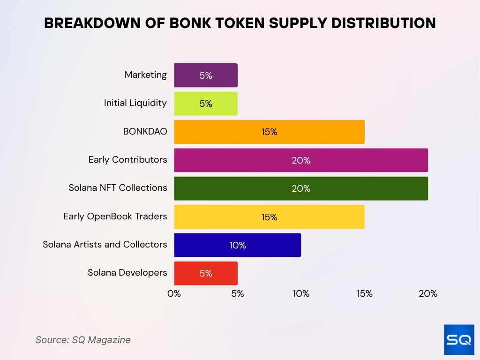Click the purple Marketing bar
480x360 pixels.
pos(206,75)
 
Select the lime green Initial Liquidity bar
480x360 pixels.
pos(206,104)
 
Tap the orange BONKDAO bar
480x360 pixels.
pos(269,132)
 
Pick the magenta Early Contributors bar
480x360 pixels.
pos(300,160)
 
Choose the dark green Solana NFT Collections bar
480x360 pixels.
pos(300,188)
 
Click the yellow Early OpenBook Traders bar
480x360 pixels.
pos(269,217)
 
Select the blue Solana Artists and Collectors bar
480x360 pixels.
pos(237,245)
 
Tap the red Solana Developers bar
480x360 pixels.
pos(206,273)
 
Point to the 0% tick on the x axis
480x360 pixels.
pos(174,294)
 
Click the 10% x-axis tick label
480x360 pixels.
pos(301,294)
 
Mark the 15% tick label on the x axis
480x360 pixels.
pos(364,294)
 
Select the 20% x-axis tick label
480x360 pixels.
pos(427,294)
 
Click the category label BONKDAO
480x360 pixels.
pos(145,132)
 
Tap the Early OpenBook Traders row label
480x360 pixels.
pos(115,216)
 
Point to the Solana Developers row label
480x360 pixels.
pos(127,272)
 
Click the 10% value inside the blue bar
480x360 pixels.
pos(238,245)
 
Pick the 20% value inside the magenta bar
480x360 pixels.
pos(301,160)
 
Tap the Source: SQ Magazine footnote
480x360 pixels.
pos(83,340)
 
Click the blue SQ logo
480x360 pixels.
pos(459,339)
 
